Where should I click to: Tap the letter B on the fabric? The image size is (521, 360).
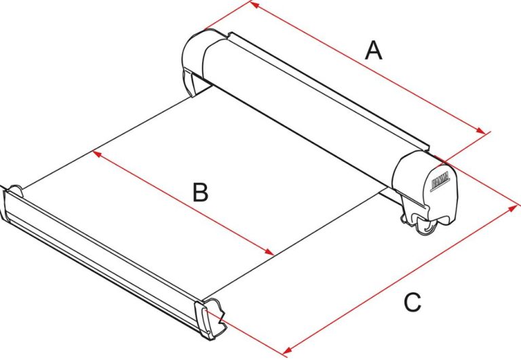(199, 193)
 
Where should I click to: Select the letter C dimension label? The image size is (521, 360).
(412, 302)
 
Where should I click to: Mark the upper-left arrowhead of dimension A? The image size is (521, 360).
(254, 4)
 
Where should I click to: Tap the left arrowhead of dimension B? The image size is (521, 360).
(96, 153)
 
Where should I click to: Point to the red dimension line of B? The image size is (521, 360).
(183, 203)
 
